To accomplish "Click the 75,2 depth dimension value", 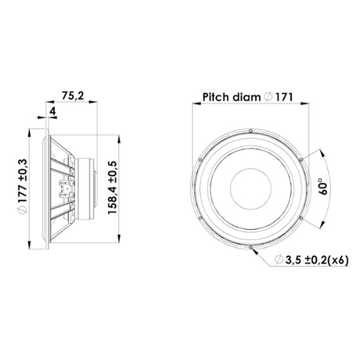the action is pos(73,96).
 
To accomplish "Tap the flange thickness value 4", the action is pos(53,111).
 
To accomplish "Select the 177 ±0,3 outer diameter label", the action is pos(23,181).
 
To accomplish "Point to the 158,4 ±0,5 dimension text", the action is pos(113,188).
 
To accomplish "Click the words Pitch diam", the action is pos(232,98).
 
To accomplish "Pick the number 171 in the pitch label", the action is pos(284,98).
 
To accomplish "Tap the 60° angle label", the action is pos(323,186).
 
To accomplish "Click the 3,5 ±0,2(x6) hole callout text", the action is pos(317,260).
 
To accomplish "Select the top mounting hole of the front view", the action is pos(251,131).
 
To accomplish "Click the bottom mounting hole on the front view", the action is pos(251,247).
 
